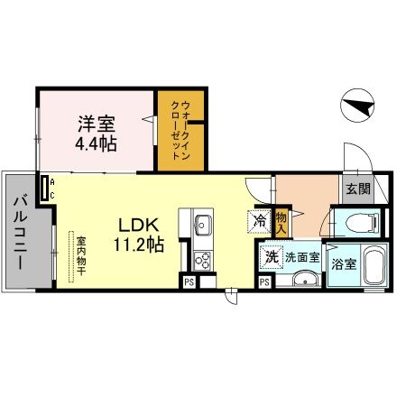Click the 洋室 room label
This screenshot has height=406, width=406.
(97, 124)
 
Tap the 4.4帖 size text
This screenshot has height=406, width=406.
(96, 143)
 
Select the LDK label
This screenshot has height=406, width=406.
(139, 225)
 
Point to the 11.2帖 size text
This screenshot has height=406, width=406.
(139, 244)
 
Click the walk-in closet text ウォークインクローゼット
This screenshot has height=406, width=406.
(180, 130)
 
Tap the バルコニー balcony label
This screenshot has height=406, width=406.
(21, 233)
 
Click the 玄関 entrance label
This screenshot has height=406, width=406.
(358, 189)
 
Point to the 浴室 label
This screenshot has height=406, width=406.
(344, 264)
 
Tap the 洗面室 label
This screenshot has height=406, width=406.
(302, 257)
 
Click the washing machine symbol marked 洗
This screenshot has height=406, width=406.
(272, 256)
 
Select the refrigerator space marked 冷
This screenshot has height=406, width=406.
(259, 222)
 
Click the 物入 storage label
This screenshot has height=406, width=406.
(281, 223)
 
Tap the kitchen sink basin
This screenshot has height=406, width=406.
(202, 225)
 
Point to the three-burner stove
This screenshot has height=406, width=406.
(202, 261)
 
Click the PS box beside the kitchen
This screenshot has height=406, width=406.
(189, 282)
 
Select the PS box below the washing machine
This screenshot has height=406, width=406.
(264, 282)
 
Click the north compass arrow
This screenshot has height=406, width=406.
(359, 106)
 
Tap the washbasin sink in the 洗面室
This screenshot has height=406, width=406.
(305, 280)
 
